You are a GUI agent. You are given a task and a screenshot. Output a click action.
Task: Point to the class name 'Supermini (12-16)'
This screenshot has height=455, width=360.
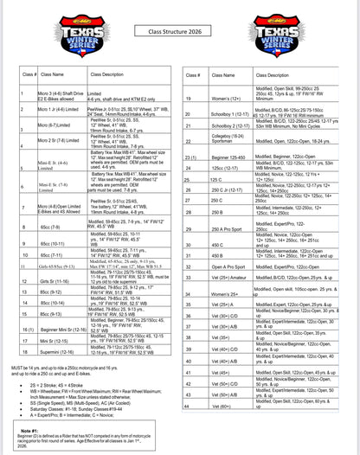coord(55,351)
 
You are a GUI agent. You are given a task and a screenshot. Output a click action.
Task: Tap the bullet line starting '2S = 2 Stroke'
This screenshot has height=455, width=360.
coord(69,381)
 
